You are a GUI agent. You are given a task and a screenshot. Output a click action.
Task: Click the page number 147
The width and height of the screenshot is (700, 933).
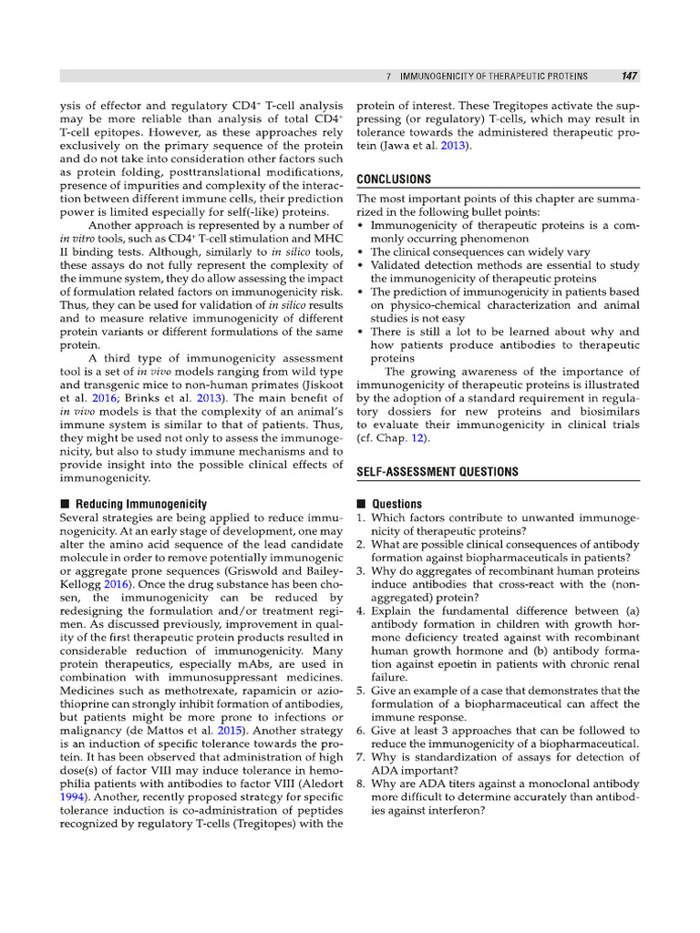click(x=629, y=76)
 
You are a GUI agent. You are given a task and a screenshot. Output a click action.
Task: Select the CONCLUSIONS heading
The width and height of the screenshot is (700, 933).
click(x=394, y=179)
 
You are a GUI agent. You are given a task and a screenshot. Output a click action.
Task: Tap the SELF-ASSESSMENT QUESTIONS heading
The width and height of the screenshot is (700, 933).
click(x=437, y=471)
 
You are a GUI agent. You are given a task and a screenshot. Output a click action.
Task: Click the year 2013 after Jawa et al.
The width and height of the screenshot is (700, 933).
click(x=455, y=147)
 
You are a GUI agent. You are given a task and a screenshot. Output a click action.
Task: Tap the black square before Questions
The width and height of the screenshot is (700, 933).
click(x=361, y=504)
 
